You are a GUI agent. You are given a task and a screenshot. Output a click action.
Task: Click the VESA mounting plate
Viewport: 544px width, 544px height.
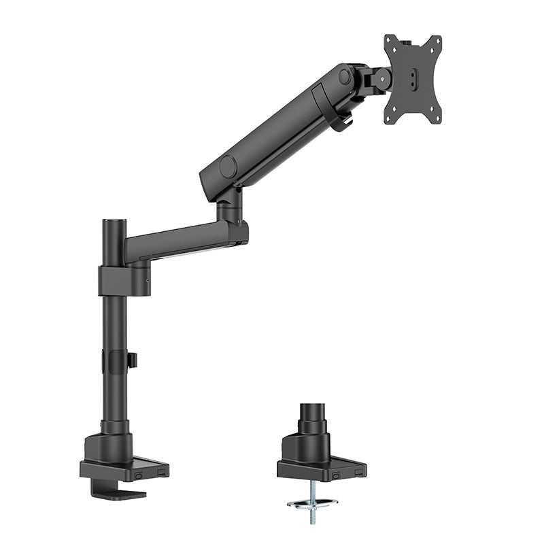coord(412,80)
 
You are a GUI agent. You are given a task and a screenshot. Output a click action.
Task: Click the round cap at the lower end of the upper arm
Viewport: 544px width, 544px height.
coord(227,166)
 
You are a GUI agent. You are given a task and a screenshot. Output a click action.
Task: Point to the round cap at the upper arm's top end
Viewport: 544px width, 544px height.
coord(345,76)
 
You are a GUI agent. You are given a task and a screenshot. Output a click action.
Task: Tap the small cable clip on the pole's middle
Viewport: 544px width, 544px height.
coord(131,360)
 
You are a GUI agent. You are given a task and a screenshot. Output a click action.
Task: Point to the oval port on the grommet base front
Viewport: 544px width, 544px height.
coord(334,475)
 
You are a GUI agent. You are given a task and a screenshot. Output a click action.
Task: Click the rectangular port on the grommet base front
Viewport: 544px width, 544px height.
coord(355,471)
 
